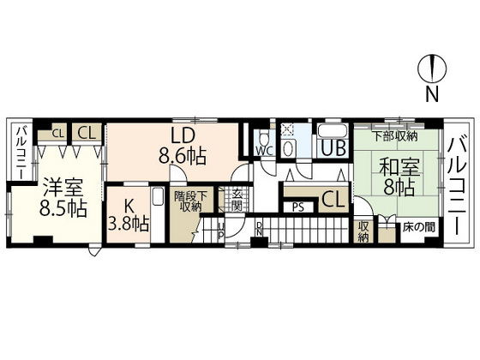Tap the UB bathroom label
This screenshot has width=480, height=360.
333,148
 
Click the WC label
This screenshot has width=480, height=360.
263,150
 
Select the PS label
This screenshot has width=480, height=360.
297,206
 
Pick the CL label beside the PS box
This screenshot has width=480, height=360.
333,201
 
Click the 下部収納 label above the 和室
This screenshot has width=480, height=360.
394,135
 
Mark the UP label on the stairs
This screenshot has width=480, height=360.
220,230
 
